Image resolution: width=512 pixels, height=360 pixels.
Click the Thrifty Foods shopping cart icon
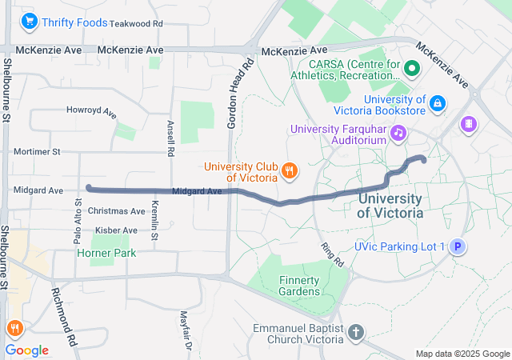pyautogui.click(x=30, y=22)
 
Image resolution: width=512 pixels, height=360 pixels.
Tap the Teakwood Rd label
pyautogui.click(x=136, y=24)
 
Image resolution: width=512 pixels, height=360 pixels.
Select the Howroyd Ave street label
pyautogui.click(x=92, y=110)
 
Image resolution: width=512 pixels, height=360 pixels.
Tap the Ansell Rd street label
pyautogui.click(x=170, y=138)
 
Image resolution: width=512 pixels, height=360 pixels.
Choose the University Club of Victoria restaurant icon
pyautogui.click(x=290, y=170)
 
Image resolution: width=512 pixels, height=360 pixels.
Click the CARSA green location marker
pyautogui.click(x=413, y=68)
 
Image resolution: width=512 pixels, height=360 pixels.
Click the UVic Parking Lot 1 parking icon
pyautogui.click(x=458, y=247)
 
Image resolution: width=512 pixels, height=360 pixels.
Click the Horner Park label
pyautogui.click(x=106, y=253)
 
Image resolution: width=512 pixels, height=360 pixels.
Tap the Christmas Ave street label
pyautogui.click(x=117, y=211)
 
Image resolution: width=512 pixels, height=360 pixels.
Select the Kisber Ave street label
pyautogui.click(x=117, y=230)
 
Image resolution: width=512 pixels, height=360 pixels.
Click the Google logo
pyautogui.click(x=26, y=350)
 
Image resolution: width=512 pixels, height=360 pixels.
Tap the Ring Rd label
pyautogui.click(x=331, y=255)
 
